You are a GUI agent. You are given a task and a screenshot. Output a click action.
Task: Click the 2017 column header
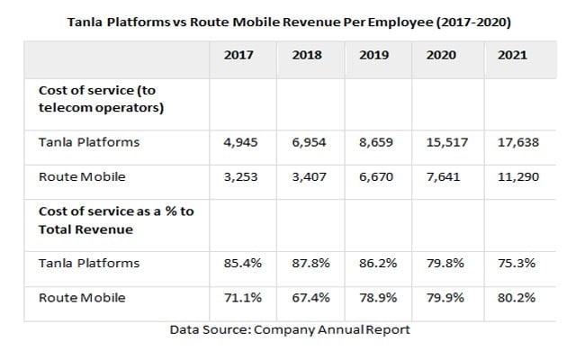point(238,55)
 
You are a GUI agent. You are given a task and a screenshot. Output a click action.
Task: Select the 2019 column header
point(375,55)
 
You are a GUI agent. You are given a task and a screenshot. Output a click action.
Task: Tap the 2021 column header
point(512,55)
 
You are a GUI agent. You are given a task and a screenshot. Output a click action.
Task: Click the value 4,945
point(239,143)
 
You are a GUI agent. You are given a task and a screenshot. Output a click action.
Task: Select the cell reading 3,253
point(239,177)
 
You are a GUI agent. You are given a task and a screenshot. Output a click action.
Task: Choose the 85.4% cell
point(239,264)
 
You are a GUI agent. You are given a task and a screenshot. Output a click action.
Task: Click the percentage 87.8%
point(308,264)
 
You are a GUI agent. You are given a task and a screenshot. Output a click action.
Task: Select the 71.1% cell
point(239,297)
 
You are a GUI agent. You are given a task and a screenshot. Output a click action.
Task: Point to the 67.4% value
point(308,297)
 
